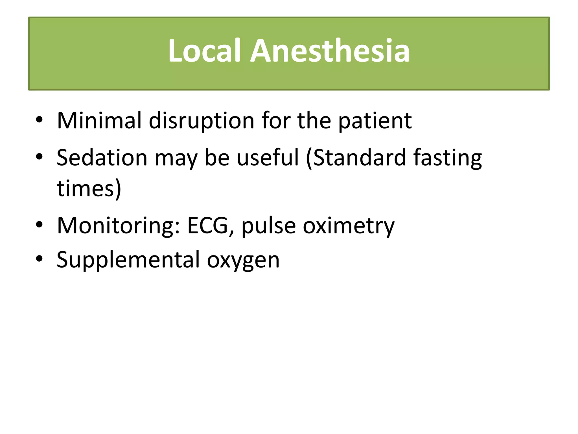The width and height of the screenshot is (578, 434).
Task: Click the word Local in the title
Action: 204,51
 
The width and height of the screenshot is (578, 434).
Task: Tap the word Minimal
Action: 99,121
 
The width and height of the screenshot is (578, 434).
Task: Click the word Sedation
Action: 102,157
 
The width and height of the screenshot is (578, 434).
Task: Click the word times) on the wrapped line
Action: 89,188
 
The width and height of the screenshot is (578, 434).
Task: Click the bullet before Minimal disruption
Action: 39,120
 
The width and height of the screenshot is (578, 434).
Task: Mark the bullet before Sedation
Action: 39,157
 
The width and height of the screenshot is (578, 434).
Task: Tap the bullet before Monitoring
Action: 39,225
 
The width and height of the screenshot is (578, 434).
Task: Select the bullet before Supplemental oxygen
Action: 39,259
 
